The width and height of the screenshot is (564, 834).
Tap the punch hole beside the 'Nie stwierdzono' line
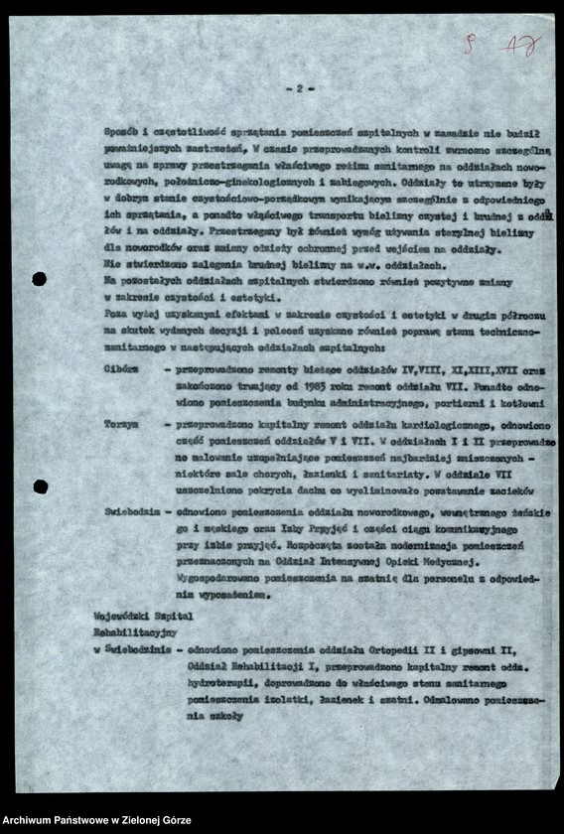pos(40,279)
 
